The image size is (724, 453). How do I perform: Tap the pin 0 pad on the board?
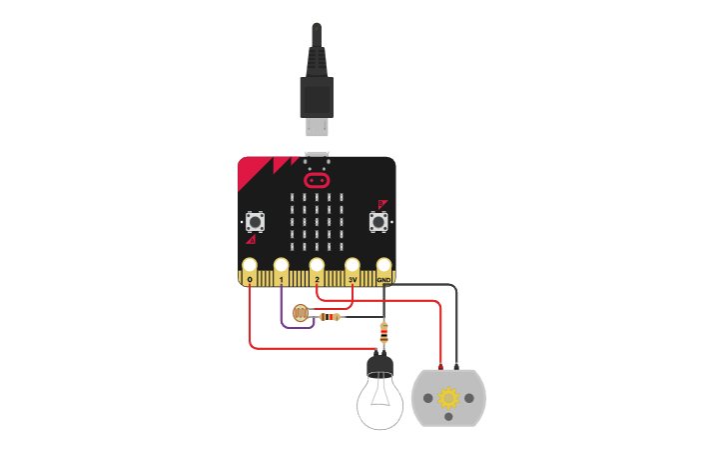250,267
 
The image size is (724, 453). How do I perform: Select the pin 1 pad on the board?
282,267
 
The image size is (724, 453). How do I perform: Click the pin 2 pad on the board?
317,267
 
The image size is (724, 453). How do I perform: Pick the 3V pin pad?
352,267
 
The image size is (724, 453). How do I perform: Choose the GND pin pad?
383,267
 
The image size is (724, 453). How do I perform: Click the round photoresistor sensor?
300,314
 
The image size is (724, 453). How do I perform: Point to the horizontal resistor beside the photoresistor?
329,317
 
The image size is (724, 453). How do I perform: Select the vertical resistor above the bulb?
383,333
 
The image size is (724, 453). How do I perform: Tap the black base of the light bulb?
380,364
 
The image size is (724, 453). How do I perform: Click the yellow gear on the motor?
448,398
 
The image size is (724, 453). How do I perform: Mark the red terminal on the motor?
440,367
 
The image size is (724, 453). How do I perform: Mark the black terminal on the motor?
456,367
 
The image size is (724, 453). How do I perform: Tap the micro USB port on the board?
317,157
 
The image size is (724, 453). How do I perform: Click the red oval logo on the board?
317,180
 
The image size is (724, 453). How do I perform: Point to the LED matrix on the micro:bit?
317,221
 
